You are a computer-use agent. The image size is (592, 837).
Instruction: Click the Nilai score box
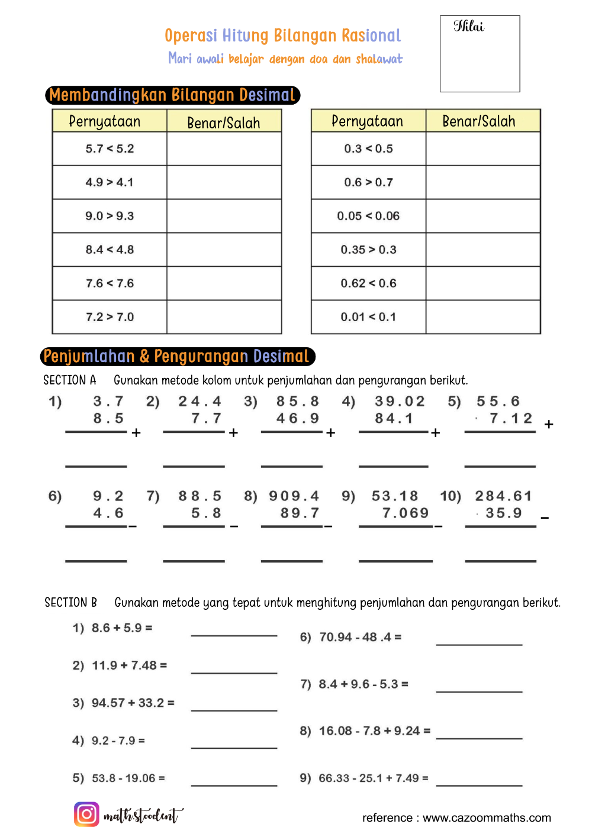[480, 54]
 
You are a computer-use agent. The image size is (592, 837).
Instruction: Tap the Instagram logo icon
[86, 814]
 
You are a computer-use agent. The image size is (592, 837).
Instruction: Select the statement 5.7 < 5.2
[110, 148]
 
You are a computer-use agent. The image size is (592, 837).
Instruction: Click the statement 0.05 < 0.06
[368, 216]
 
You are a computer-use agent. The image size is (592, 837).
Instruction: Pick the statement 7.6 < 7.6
[110, 283]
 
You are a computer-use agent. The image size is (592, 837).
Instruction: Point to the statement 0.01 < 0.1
[368, 317]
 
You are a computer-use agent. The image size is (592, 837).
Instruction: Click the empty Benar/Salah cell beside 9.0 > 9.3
[224, 216]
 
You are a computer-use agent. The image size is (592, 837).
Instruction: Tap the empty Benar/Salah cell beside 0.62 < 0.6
[482, 283]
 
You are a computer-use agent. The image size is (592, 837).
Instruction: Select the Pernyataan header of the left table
[105, 121]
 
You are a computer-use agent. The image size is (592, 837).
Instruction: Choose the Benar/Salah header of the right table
[479, 121]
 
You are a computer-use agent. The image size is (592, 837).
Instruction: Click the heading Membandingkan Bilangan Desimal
[172, 95]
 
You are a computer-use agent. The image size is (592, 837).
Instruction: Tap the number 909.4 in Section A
[294, 496]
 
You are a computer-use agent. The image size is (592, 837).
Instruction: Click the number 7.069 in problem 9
[406, 513]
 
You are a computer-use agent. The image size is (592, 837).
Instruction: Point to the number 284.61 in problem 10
[503, 496]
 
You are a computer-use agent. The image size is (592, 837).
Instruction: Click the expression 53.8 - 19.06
[128, 778]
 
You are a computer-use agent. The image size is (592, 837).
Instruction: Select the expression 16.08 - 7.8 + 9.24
[375, 731]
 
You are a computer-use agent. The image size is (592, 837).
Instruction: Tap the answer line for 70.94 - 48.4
[479, 643]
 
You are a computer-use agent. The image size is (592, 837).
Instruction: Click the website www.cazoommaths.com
[487, 817]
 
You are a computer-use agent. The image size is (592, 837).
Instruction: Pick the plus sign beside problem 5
[549, 424]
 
